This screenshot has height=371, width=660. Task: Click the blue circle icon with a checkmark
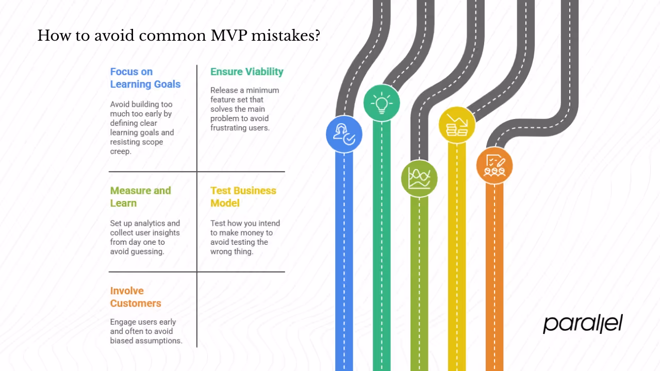click(344, 134)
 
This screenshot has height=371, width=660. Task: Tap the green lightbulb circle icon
click(382, 103)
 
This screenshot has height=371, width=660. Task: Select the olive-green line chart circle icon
click(419, 178)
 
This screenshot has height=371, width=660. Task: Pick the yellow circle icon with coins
click(457, 125)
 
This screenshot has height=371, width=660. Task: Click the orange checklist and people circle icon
click(494, 165)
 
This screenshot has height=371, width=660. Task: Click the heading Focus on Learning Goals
click(145, 78)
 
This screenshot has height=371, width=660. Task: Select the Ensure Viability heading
click(246, 72)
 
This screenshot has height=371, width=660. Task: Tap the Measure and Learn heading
click(140, 197)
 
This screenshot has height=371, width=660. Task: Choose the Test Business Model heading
click(243, 197)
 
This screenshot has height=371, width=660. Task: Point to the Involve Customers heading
click(136, 297)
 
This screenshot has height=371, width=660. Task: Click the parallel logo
click(583, 324)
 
